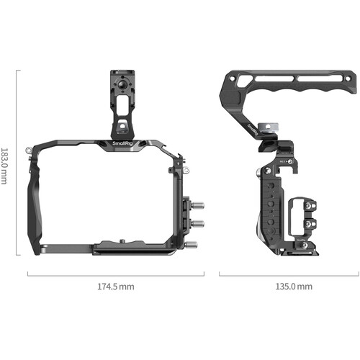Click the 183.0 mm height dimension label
click(6, 164)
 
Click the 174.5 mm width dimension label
click(116, 286)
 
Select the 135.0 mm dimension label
click(294, 286)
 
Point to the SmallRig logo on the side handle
click(251, 129)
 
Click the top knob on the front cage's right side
click(197, 205)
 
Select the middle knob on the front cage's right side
click(197, 223)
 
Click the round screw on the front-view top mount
click(124, 85)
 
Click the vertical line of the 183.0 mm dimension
click(16, 164)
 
